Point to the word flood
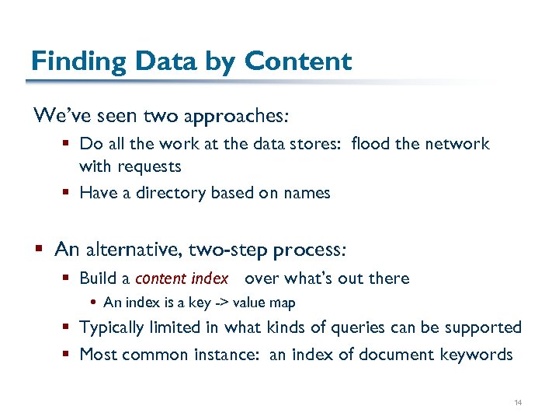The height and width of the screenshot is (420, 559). [370, 144]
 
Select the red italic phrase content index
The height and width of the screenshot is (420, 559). [182, 278]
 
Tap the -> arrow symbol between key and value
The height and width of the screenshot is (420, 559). [220, 303]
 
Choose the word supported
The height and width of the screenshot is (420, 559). [483, 327]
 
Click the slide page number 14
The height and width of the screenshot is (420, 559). [519, 403]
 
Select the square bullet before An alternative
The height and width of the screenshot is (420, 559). [40, 250]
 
